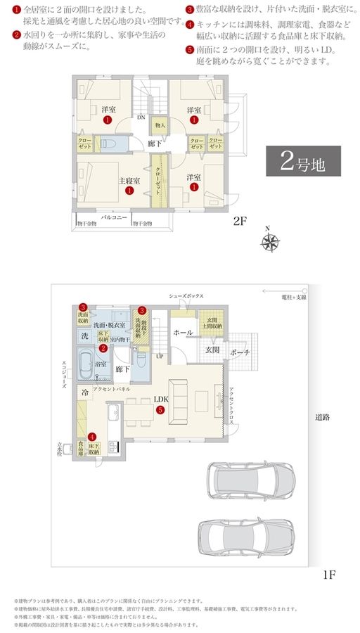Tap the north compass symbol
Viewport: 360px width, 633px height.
coord(270,241)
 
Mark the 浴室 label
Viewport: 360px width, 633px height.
coord(101,364)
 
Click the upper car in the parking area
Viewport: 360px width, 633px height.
coord(246,481)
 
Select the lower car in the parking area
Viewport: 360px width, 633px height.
coord(241,538)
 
